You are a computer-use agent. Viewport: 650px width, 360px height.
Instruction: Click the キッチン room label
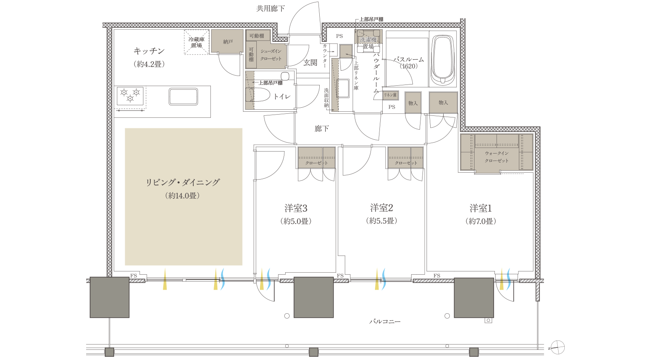[149, 51]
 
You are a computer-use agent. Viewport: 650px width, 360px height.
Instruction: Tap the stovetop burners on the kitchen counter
[130, 96]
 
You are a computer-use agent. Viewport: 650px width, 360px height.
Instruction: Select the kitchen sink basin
[183, 97]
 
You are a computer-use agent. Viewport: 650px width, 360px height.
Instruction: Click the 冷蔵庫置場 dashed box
[197, 42]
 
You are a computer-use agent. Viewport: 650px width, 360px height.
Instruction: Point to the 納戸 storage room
[227, 41]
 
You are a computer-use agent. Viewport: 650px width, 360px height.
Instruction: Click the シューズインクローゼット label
[271, 55]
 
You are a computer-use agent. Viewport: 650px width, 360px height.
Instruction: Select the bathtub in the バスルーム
[442, 60]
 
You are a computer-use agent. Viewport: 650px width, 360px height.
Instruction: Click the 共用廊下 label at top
[271, 8]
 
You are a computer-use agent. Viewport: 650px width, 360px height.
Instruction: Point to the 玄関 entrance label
[310, 63]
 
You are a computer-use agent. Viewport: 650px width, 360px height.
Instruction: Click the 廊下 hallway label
[321, 128]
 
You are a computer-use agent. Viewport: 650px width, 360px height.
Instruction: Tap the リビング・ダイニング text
[183, 182]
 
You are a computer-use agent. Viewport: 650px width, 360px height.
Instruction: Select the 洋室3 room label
[296, 208]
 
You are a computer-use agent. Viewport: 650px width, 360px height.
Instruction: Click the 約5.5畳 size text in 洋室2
[381, 221]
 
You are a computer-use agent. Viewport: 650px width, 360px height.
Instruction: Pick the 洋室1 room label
[481, 208]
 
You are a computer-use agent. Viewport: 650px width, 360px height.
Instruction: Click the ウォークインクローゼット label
[496, 157]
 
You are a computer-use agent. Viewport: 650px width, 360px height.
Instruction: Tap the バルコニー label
[385, 321]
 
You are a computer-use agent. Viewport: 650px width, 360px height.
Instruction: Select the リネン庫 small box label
[390, 95]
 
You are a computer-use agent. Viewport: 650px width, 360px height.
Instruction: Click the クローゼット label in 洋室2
[406, 163]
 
